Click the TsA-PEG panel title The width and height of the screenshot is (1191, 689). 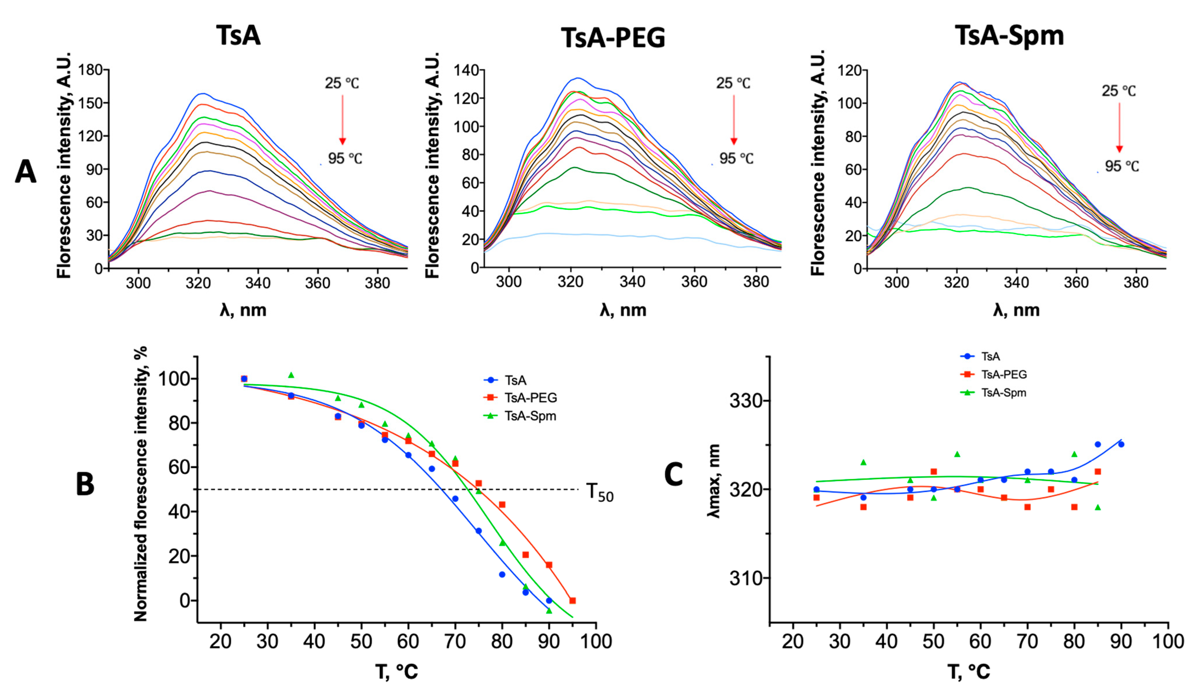coord(613,38)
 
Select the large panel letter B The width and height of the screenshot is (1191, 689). coord(85,484)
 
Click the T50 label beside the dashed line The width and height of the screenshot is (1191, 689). coord(599,492)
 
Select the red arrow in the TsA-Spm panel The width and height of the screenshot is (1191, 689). coord(1119,128)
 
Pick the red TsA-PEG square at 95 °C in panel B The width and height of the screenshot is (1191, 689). coord(572,601)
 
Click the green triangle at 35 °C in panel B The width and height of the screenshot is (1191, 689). coord(291,375)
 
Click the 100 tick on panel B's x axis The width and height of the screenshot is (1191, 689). coord(596,642)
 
